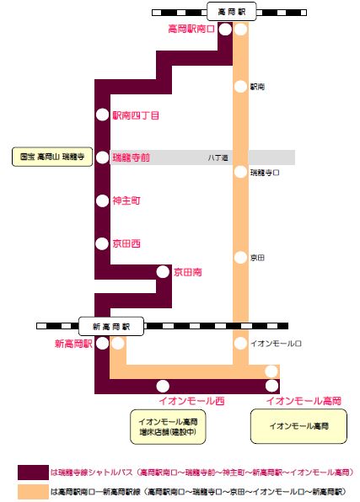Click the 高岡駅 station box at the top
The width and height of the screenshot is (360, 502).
click(232, 12)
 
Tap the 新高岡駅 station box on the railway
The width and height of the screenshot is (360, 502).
click(111, 326)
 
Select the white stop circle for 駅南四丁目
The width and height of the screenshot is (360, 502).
click(103, 115)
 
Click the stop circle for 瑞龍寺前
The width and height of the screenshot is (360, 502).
click(103, 158)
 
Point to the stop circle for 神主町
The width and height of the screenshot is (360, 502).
click(103, 200)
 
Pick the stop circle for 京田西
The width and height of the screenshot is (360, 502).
click(103, 243)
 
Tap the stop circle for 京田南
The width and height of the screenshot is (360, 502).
click(163, 272)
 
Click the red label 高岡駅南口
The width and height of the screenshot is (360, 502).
click(191, 29)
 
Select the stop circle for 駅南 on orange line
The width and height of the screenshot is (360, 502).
click(240, 87)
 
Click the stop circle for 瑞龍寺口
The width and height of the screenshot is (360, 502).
click(240, 172)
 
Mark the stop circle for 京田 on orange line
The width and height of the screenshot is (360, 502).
click(240, 258)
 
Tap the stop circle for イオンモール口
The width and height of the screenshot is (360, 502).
click(240, 343)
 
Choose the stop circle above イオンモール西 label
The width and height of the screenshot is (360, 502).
click(163, 386)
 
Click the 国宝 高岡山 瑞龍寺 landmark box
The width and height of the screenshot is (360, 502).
click(52, 157)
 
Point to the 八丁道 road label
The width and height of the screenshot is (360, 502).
click(218, 158)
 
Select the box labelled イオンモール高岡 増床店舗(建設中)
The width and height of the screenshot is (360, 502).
click(168, 427)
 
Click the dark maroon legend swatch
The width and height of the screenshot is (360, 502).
click(34, 473)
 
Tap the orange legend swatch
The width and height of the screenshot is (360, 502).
click(34, 492)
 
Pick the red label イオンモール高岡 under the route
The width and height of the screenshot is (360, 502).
click(304, 401)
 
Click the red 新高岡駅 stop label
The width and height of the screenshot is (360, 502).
click(73, 344)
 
